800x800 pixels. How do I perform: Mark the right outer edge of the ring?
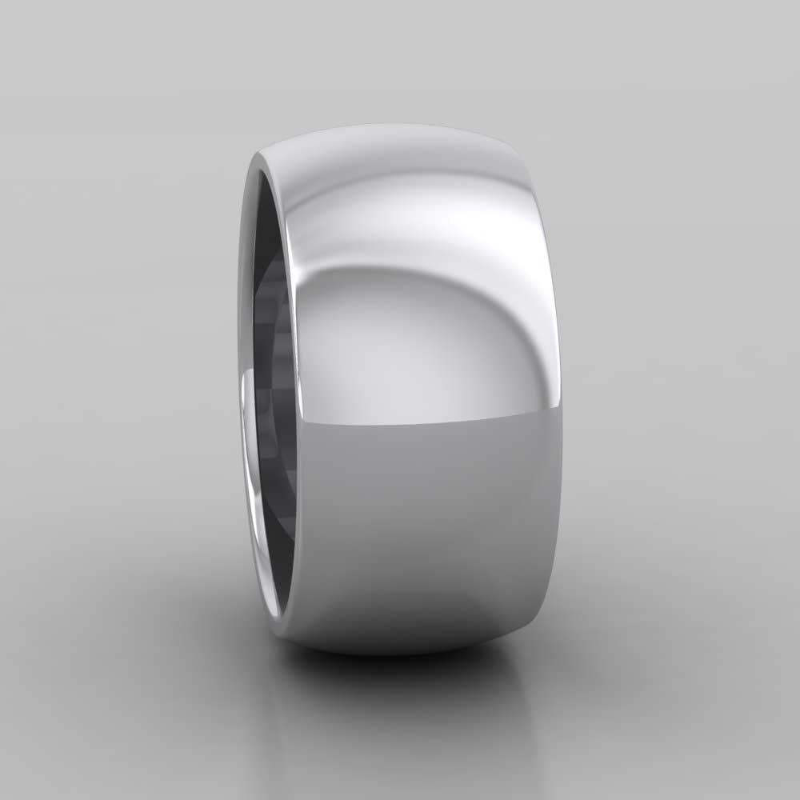(x=561, y=400)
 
